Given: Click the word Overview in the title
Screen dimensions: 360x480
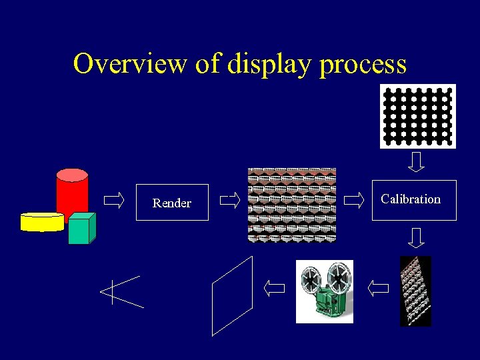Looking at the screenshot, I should tap(130, 64).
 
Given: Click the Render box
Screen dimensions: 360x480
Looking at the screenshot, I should tap(172, 203).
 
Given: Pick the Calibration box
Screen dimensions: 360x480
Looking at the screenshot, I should tap(413, 199).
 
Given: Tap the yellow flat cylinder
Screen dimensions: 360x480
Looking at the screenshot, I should tap(42, 221).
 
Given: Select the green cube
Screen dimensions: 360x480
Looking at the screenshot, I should tap(81, 229).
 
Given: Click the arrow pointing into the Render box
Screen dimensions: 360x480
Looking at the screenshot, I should tap(114, 200).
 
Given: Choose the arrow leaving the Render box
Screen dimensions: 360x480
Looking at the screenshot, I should tap(229, 200).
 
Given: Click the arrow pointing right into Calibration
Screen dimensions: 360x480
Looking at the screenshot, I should tap(353, 200).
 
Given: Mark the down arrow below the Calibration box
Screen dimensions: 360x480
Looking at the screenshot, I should tap(417, 237).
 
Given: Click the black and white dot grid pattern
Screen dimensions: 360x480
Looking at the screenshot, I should tap(417, 115).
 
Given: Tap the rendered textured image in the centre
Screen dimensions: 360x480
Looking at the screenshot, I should tap(292, 205).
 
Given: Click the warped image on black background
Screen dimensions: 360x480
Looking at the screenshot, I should tap(415, 291).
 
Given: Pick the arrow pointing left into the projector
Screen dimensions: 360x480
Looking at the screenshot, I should tap(378, 288).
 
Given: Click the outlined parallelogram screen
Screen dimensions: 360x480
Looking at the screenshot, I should tap(232, 295).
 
